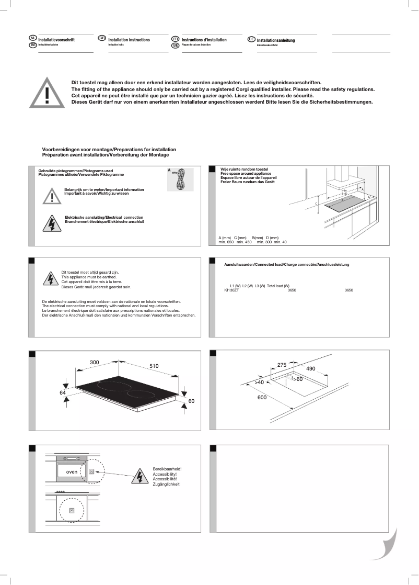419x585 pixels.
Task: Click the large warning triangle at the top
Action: tap(48, 93)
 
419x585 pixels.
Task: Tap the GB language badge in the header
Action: tap(102, 39)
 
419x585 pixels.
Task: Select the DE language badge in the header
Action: tap(251, 39)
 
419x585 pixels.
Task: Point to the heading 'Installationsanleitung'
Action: tap(275, 40)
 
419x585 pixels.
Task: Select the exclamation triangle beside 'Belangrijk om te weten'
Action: tap(52, 195)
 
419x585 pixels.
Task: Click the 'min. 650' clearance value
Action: tap(226, 242)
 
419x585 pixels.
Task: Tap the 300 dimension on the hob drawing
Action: tap(95, 362)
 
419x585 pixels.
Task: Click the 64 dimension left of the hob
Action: tap(62, 392)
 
